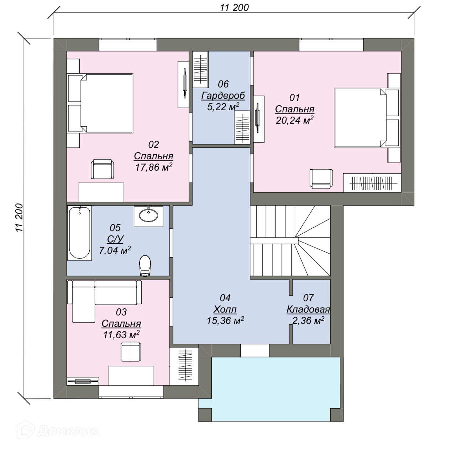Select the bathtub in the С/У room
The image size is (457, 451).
click(79, 233)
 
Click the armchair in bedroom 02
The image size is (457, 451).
click(103, 169)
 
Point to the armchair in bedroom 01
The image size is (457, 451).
click(321, 179)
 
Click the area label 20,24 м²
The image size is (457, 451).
click(295, 120)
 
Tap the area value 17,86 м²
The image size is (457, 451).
click(154, 167)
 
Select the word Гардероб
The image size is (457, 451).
click(223, 96)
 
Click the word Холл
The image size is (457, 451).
click(225, 309)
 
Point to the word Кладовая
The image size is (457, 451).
click(308, 309)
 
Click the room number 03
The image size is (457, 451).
click(121, 312)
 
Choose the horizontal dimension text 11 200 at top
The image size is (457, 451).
click(234, 8)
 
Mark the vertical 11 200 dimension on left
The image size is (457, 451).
click(19, 218)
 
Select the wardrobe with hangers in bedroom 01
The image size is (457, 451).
click(372, 183)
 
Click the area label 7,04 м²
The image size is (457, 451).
click(115, 250)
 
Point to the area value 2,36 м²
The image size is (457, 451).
click(308, 321)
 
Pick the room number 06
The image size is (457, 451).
click(223, 84)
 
